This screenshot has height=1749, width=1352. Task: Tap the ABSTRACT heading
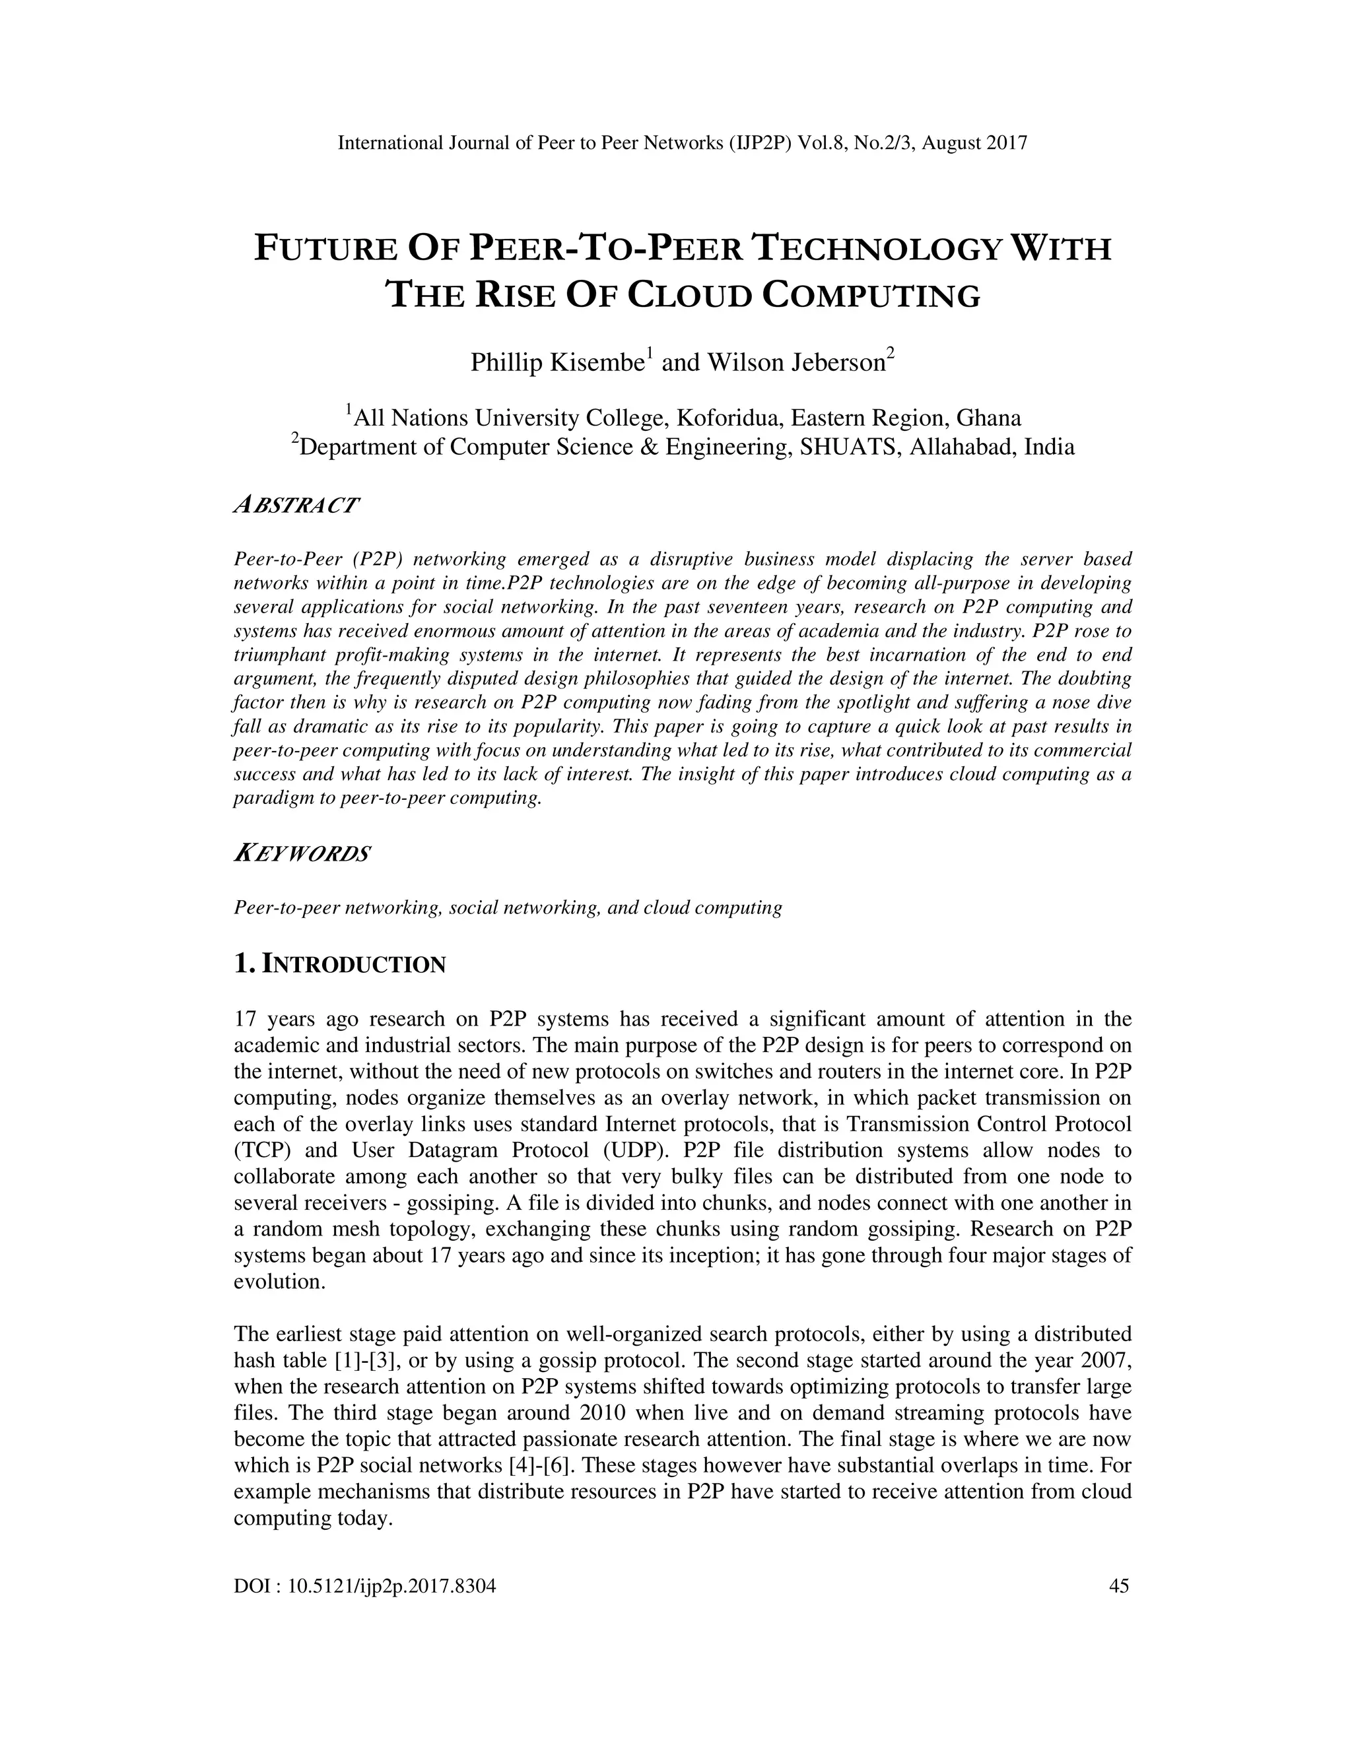coord(296,506)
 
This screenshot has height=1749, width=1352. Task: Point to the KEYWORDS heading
coord(302,853)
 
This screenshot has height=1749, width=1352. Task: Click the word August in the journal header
coord(953,143)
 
